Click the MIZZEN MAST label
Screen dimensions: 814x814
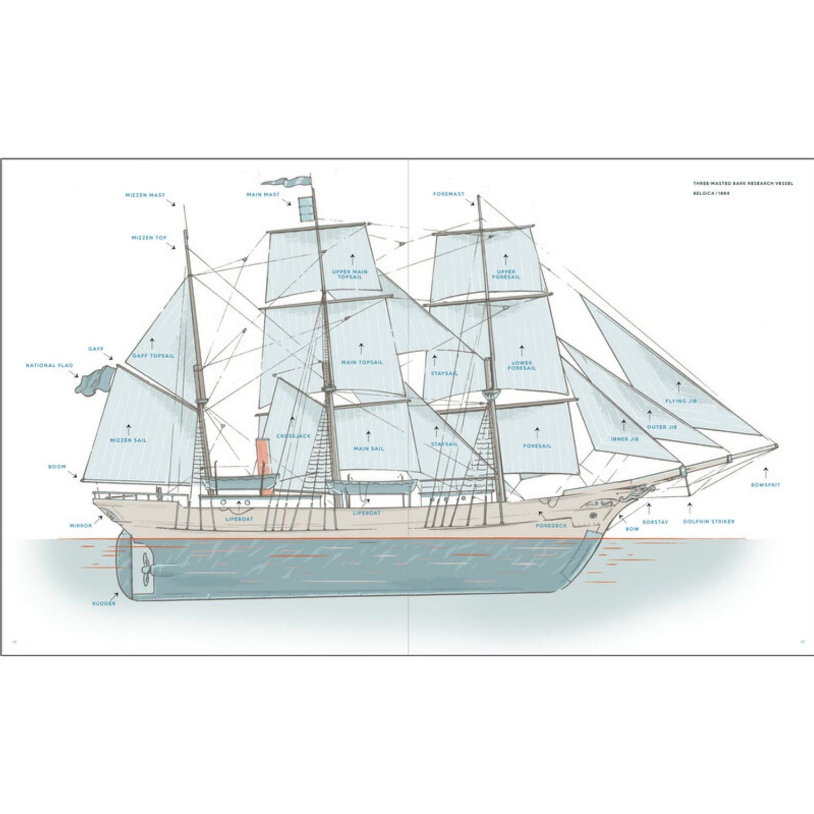coord(145,195)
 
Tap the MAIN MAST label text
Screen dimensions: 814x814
coord(263,194)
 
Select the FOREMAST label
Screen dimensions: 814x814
coord(448,194)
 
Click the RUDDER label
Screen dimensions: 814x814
coord(104,604)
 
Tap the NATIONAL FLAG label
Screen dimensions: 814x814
coord(49,366)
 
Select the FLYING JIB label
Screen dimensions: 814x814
coord(680,401)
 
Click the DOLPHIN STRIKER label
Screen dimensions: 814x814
coord(709,522)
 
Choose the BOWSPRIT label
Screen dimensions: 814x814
coord(766,485)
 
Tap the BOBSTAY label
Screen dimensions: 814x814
coord(655,522)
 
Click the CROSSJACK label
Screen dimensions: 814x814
coord(293,437)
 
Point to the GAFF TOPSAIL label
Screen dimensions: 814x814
coord(153,356)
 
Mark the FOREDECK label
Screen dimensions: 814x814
coord(551,525)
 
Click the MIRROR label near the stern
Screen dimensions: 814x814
coord(81,526)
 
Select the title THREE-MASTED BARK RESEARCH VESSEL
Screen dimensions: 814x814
coord(742,184)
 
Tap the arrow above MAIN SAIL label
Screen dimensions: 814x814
coord(368,436)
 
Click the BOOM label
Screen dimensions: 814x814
coord(57,467)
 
